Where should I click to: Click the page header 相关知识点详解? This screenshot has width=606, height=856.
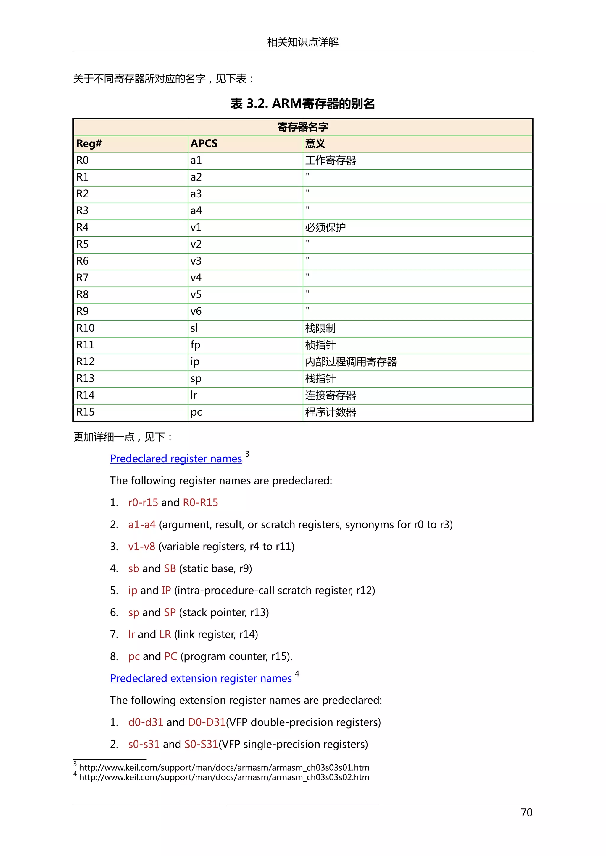coord(303,42)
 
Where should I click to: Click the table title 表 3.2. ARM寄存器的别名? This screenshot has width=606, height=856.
coord(303,104)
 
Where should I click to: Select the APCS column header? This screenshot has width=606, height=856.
coord(204,144)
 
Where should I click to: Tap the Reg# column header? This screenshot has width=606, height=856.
coord(89,144)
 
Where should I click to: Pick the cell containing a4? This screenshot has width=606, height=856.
coord(196,211)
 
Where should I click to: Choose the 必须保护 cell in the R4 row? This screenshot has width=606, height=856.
coord(325,227)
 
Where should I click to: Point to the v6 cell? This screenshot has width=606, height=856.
coord(196,311)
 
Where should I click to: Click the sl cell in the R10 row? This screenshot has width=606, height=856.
coord(194,328)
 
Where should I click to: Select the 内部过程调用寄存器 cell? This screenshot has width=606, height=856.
coord(351,361)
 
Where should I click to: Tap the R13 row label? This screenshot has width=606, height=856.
coord(86,378)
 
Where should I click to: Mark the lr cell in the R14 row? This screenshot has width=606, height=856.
coord(194,395)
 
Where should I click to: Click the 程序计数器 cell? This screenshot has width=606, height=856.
coord(331,412)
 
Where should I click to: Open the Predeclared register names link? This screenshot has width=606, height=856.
coord(176,458)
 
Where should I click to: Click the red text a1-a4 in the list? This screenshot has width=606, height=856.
coord(142,525)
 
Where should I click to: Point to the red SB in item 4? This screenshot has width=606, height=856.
coord(170,569)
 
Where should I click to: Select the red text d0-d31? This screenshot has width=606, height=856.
coord(146,722)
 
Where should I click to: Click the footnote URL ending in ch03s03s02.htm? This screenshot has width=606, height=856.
coord(224,777)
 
